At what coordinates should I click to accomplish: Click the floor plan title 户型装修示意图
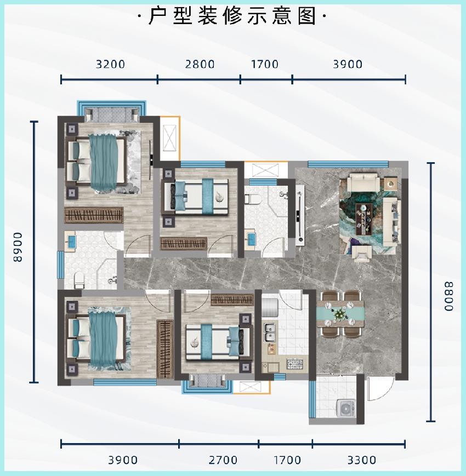click(232, 15)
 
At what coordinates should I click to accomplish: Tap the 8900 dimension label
click(18, 247)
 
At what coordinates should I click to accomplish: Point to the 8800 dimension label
click(448, 296)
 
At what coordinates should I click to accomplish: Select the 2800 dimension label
click(200, 64)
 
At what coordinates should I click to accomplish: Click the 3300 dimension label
click(362, 460)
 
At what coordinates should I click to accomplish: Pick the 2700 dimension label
click(223, 460)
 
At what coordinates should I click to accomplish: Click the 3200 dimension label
click(110, 64)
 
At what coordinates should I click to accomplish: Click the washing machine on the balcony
click(346, 408)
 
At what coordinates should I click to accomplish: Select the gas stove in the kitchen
click(294, 364)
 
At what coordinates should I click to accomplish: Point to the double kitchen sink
click(270, 332)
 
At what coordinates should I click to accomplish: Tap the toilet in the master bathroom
click(79, 280)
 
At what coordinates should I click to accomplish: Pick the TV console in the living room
click(300, 215)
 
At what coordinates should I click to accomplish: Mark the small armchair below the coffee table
click(362, 254)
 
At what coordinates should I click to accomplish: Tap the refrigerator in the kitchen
click(270, 307)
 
